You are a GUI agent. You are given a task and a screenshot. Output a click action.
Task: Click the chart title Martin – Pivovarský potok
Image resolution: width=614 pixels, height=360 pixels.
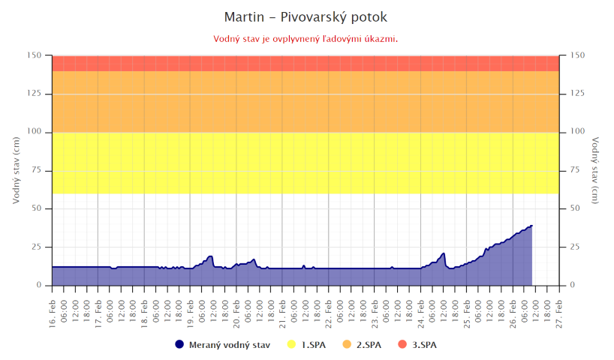[x=306, y=16]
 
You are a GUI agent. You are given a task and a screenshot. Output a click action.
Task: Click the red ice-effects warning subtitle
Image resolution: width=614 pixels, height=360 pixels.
[x=306, y=38]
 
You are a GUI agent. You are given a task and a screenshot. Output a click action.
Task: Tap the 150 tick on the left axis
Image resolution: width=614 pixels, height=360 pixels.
[x=35, y=55]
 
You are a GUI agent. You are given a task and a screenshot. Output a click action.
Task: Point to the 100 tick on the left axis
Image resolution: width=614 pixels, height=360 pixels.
[x=35, y=132]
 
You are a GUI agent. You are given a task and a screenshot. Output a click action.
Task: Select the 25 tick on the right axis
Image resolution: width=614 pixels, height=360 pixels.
[x=577, y=247]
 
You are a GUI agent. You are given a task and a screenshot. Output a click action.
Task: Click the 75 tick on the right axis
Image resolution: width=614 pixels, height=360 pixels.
[x=577, y=170]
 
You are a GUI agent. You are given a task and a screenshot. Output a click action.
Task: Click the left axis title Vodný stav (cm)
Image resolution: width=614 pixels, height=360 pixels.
[x=16, y=170]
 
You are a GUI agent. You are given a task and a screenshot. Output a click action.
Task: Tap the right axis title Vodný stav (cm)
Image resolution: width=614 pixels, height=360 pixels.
[x=595, y=170]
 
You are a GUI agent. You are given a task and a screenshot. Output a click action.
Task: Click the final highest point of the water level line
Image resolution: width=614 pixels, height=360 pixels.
[x=531, y=225]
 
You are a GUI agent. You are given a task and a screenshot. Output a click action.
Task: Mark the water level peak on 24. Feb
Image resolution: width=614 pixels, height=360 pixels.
[x=444, y=253]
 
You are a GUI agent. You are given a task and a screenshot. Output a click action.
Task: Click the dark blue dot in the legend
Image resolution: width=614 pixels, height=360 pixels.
[x=179, y=345]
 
